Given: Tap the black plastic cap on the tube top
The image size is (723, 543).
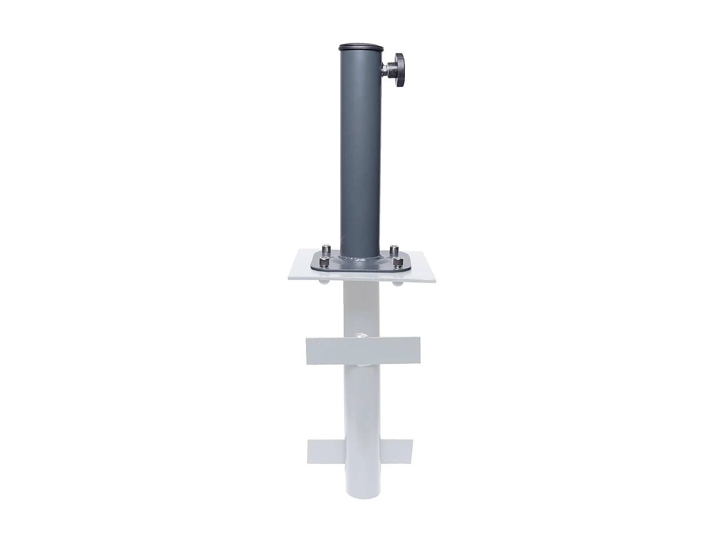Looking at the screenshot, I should click(x=361, y=47).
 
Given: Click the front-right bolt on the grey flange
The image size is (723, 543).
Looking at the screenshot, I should click(x=398, y=262).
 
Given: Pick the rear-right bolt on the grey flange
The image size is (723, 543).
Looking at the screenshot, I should click(x=394, y=250).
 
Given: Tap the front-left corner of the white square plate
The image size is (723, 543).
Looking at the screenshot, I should click(x=287, y=280).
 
